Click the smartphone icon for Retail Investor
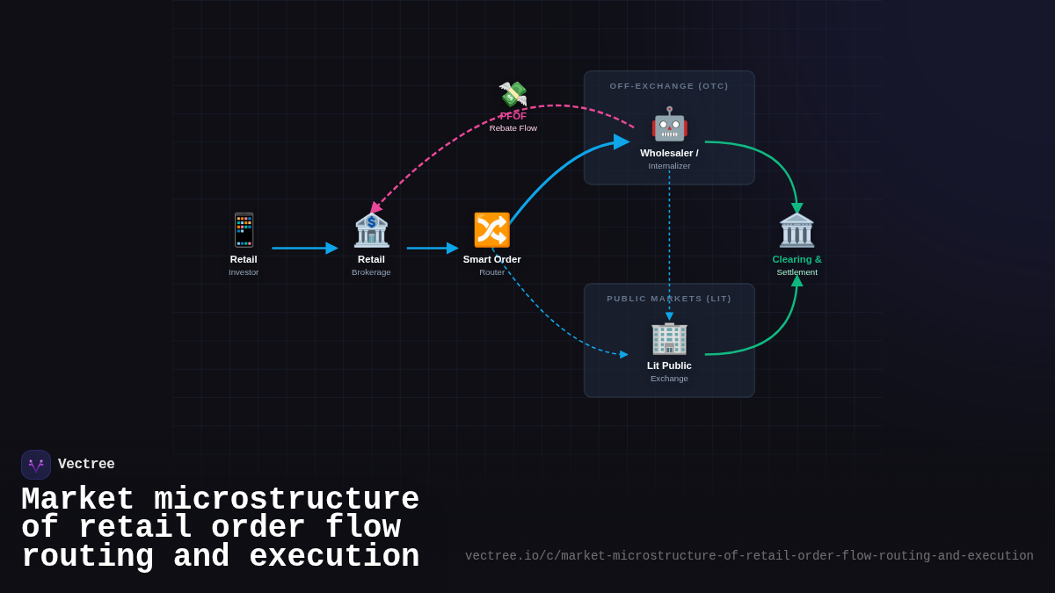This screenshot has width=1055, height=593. tap(244, 230)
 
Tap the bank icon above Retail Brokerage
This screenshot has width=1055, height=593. tap(371, 230)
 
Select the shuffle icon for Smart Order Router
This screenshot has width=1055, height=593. tap(491, 230)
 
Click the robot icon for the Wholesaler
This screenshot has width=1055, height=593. tap(669, 124)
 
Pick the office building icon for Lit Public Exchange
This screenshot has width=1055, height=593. tap(669, 337)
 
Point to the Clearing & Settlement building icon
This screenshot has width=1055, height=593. tap(797, 230)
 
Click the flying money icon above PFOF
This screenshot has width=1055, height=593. tap(513, 94)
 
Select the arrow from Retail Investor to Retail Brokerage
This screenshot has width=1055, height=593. tap(303, 249)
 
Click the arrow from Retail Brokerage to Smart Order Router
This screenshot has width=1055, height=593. tap(432, 249)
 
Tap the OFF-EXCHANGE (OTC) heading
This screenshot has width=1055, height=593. tap(669, 86)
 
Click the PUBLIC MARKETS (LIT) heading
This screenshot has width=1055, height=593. tap(669, 299)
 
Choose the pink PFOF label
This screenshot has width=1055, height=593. tap(513, 116)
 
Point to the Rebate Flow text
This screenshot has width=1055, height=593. tap(513, 128)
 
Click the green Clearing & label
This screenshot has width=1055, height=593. tap(797, 259)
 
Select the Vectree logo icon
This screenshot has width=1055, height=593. tap(36, 465)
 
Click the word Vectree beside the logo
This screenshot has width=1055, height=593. tap(86, 465)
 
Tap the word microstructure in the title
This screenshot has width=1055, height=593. tap(287, 500)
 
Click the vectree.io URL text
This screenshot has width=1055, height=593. tap(749, 556)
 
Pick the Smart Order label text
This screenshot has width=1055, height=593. tap(491, 259)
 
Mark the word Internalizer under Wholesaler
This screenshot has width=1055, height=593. tap(669, 166)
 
